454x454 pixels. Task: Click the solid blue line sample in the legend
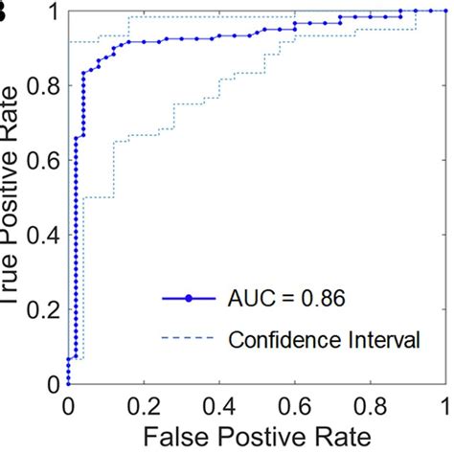[x=189, y=300]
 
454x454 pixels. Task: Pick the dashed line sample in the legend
[x=189, y=337]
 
